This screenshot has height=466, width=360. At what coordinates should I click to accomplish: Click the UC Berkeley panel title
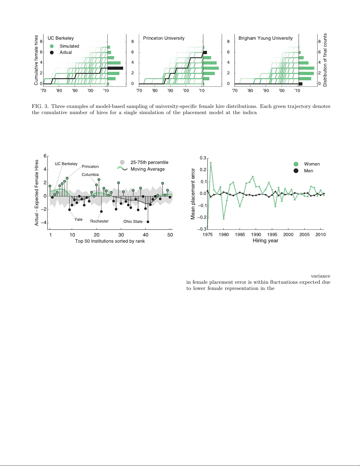point(61,38)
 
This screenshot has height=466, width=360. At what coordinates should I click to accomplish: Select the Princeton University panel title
point(164,38)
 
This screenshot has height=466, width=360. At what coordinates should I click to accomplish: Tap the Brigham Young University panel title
point(265,38)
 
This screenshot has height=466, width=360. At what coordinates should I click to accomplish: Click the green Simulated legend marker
point(52,46)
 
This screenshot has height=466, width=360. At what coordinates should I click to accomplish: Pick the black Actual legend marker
point(52,52)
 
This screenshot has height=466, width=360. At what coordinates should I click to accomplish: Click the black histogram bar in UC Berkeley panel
point(115,68)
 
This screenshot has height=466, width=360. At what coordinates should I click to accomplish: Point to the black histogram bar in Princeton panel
point(205,52)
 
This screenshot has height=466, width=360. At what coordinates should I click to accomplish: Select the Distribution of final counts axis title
point(325,60)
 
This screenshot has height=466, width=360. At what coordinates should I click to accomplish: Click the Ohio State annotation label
point(133,221)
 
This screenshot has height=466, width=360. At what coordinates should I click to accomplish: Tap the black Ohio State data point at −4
point(148,222)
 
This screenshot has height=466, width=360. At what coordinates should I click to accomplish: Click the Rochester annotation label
point(99,221)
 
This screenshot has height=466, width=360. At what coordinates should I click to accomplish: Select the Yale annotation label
point(78,219)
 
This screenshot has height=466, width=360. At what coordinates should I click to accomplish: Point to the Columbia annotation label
point(90,175)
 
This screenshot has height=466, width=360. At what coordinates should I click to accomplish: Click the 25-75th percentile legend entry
point(149,162)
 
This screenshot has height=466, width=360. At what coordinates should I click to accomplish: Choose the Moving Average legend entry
point(148,169)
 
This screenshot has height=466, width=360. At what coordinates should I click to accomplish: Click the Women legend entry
point(312,164)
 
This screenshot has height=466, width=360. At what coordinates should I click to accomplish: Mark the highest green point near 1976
point(211,163)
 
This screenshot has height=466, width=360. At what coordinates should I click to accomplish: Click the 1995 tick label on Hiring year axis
point(272,235)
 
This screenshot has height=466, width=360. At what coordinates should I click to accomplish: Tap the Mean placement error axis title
point(193,194)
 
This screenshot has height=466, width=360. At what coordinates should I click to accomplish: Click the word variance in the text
point(320,276)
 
